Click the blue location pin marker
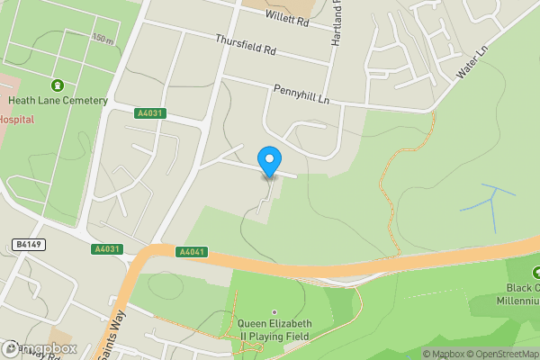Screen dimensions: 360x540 (x=268, y=162)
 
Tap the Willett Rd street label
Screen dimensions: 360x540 (x=287, y=20)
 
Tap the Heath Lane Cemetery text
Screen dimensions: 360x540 (x=58, y=101)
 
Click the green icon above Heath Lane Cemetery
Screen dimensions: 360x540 (x=58, y=85)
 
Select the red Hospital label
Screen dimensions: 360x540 (x=16, y=119)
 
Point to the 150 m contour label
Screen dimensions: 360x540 (x=103, y=39)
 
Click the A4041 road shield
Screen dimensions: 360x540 (x=192, y=251)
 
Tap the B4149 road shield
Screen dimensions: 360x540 (x=30, y=244)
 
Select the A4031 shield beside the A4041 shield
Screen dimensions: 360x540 (x=104, y=249)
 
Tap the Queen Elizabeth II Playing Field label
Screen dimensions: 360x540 (x=274, y=329)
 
